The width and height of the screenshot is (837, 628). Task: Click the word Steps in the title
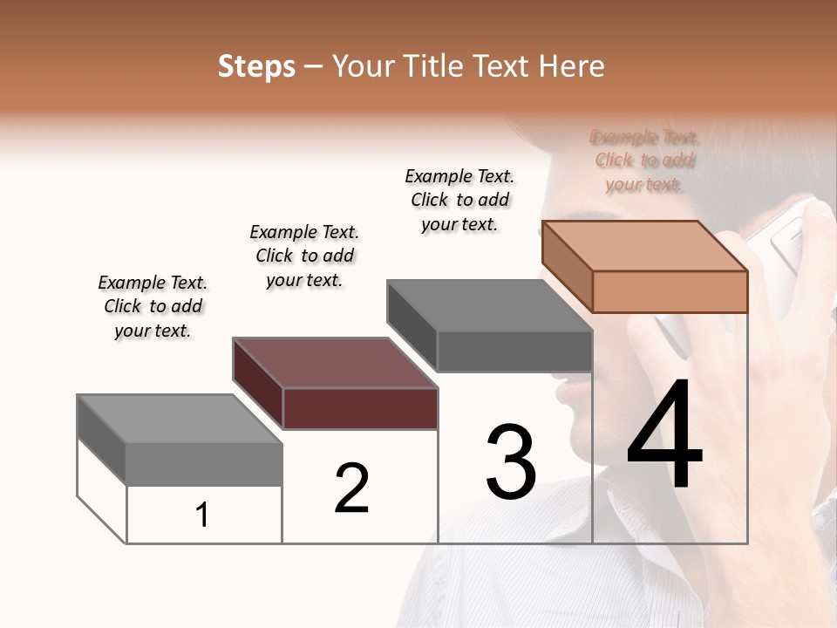(x=256, y=66)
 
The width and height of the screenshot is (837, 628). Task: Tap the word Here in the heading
(x=572, y=66)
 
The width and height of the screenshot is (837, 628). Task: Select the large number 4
(x=664, y=436)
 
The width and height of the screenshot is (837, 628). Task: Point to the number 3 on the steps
(x=511, y=461)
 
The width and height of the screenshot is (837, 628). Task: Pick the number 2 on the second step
(x=351, y=488)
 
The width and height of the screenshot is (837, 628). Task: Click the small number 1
(x=202, y=515)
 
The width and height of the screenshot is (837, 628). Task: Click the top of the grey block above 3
(x=489, y=305)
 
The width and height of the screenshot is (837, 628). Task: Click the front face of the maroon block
(x=360, y=408)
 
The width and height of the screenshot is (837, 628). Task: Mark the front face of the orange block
(x=670, y=291)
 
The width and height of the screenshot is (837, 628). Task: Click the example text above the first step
(x=153, y=306)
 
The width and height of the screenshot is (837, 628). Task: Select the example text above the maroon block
(x=304, y=256)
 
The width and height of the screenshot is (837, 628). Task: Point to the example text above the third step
(x=459, y=200)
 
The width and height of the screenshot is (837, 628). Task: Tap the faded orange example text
(x=644, y=160)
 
